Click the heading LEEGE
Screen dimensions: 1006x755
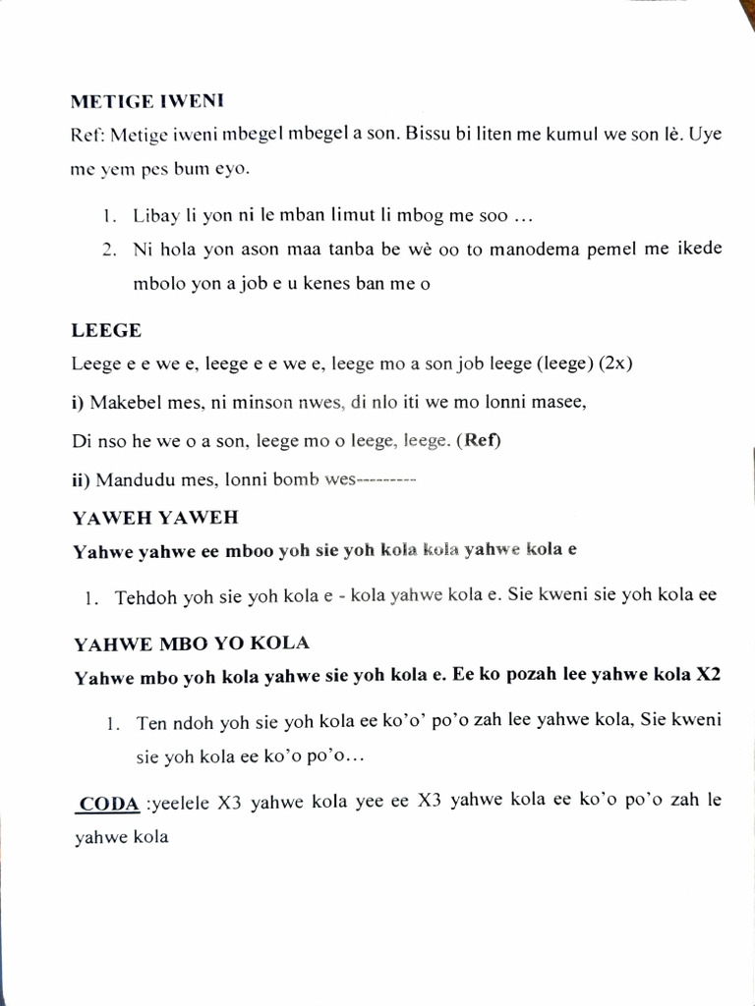(x=106, y=331)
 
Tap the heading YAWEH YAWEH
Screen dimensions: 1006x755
(x=155, y=517)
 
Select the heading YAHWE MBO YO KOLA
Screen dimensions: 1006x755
(x=192, y=643)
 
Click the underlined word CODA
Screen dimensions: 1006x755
(x=109, y=804)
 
